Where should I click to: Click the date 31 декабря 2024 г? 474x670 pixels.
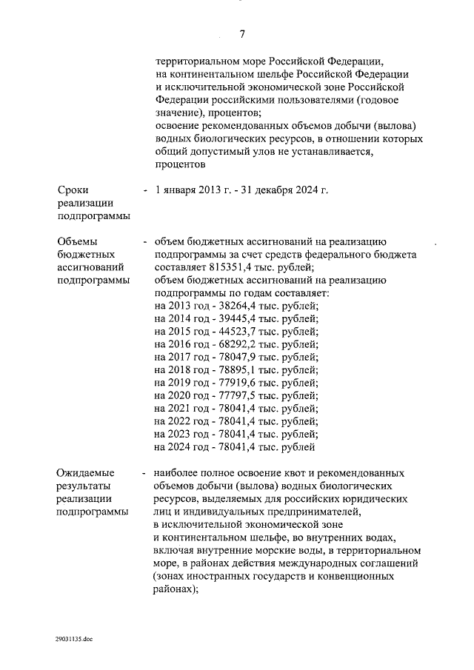tap(282, 190)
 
